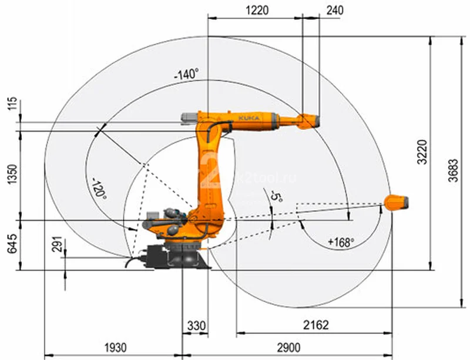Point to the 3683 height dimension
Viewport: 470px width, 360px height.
[452, 171]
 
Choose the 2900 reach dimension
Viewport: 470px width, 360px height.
[287, 348]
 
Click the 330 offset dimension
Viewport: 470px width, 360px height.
[196, 325]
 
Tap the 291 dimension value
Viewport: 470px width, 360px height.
[56, 245]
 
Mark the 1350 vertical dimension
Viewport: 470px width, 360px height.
[12, 175]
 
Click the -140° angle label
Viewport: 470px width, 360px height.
[186, 75]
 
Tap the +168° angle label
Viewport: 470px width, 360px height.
[341, 241]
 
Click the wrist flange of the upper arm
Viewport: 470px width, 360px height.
[311, 120]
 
